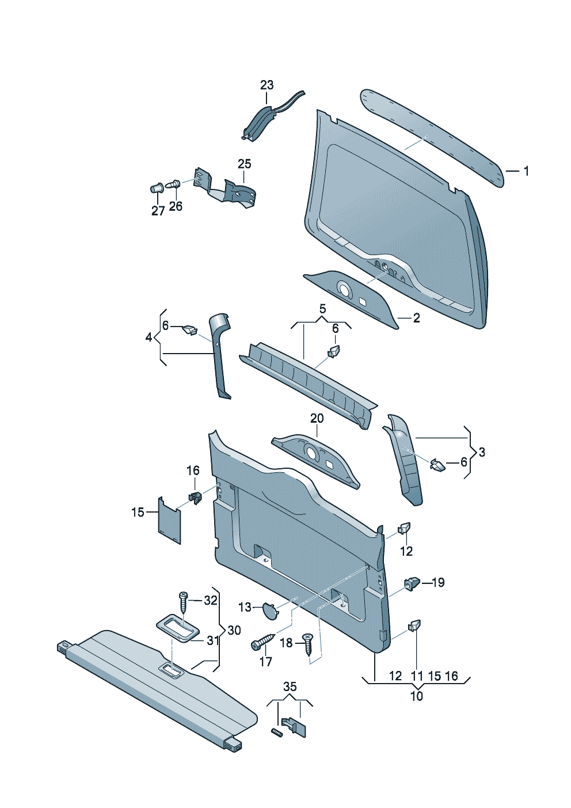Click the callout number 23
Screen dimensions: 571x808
click(x=267, y=85)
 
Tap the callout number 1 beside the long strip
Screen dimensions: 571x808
click(x=526, y=171)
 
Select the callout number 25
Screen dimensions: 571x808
click(x=245, y=164)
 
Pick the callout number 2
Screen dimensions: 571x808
click(x=416, y=318)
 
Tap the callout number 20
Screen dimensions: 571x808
click(x=317, y=419)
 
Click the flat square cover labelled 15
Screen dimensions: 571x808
click(x=169, y=519)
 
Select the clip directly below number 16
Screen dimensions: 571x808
click(x=195, y=496)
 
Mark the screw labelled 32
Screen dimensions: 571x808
click(x=184, y=602)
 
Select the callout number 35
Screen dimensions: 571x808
click(x=290, y=686)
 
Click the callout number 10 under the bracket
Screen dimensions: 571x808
click(x=417, y=696)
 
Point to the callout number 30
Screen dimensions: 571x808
click(x=234, y=631)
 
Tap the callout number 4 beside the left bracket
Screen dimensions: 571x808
click(x=149, y=337)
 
